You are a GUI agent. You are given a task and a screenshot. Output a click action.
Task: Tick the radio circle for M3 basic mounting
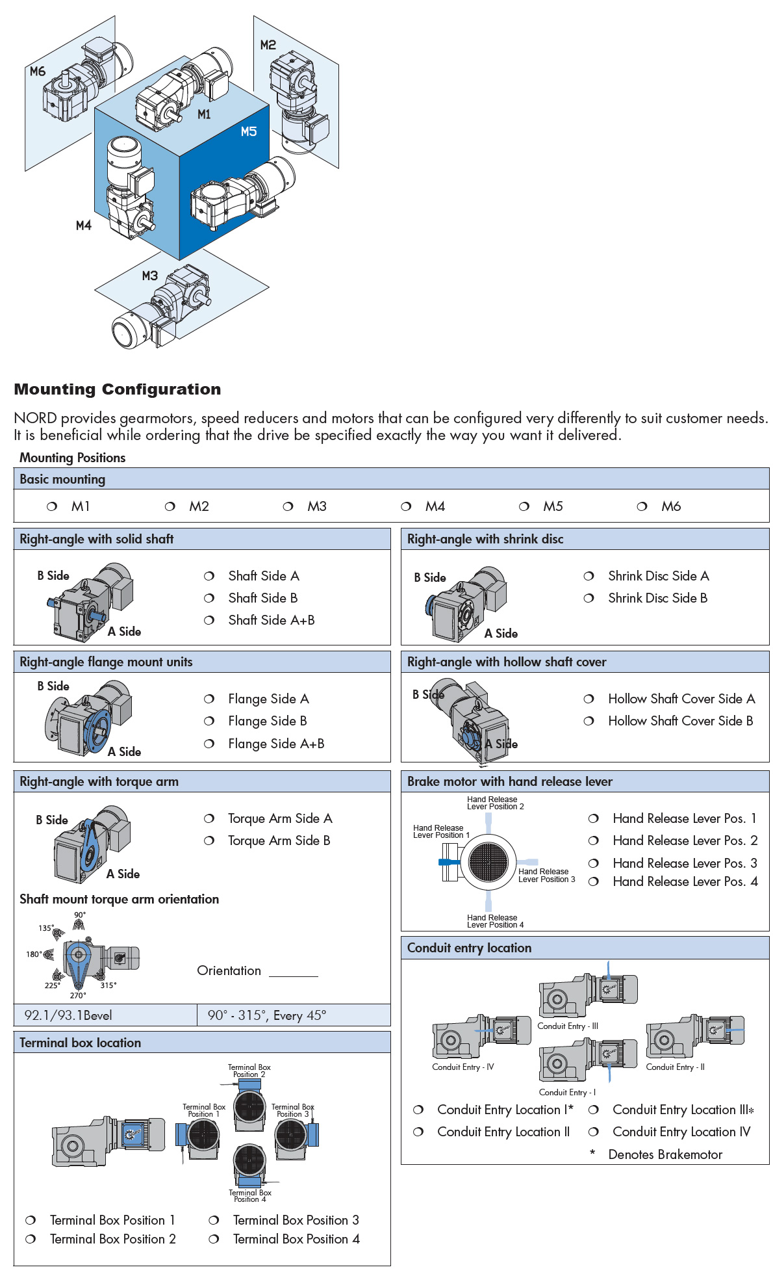288,506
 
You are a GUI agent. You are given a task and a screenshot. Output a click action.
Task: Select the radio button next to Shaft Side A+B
209,620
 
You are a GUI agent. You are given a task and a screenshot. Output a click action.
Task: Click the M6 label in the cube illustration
38,72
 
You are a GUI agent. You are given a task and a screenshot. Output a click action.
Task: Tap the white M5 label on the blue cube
249,131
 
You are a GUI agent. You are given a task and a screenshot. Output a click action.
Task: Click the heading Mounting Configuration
118,389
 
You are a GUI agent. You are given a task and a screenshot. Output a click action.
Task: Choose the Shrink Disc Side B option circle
589,598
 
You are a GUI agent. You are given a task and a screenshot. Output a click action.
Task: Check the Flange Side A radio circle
209,699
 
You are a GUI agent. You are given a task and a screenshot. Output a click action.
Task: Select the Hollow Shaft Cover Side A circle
589,699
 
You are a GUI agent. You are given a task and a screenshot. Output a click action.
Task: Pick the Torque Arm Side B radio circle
209,840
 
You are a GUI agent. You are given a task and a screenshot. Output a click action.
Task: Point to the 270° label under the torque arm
78,995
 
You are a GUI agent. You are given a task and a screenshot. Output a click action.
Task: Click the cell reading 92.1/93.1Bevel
68,1015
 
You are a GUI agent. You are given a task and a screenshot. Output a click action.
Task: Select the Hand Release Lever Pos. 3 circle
593,863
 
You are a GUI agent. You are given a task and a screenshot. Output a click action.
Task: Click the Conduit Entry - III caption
568,1026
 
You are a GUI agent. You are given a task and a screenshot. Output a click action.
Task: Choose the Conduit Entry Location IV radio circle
593,1132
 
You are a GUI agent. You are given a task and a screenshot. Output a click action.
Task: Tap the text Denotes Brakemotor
665,1154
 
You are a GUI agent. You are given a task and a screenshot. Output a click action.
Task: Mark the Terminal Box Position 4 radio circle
214,1239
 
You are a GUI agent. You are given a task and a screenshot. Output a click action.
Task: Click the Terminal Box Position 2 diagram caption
249,1071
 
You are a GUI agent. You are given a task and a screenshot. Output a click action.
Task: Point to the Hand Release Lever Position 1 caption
441,831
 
